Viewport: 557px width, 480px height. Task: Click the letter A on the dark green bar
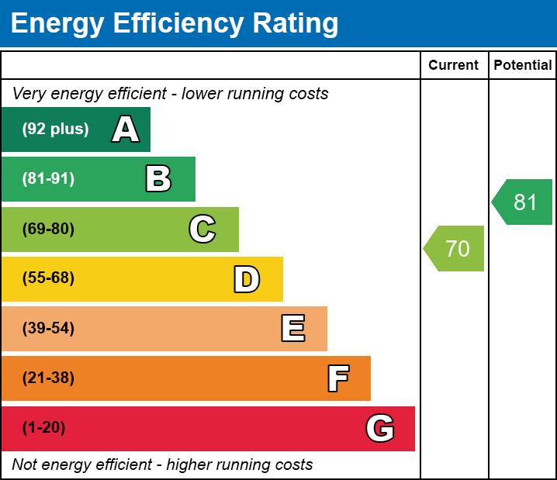pos(126,129)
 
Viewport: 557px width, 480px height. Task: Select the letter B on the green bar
pos(158,179)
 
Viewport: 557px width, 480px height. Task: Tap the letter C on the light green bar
pos(202,230)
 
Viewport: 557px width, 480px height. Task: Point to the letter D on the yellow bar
pos(247,279)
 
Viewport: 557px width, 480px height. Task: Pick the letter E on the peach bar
pos(292,329)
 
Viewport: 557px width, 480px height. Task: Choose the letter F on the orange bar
pos(337,379)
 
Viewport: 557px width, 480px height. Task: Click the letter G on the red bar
pos(380,428)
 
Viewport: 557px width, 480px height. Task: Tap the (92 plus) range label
pos(55,129)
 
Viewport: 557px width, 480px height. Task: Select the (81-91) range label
pos(48,179)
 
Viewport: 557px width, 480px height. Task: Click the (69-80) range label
pos(48,230)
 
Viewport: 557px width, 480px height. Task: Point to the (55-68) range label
pos(48,278)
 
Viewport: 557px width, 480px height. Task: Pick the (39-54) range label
pos(48,329)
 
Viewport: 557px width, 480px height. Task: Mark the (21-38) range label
pos(48,378)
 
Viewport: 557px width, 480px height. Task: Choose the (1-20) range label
pos(44,428)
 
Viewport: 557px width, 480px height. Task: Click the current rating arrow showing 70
pos(455,249)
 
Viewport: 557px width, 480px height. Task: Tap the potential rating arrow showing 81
pos(524,202)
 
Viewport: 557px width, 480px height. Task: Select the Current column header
pos(454,66)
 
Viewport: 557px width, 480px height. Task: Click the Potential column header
pos(523,66)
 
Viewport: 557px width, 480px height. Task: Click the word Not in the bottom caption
pos(26,465)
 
